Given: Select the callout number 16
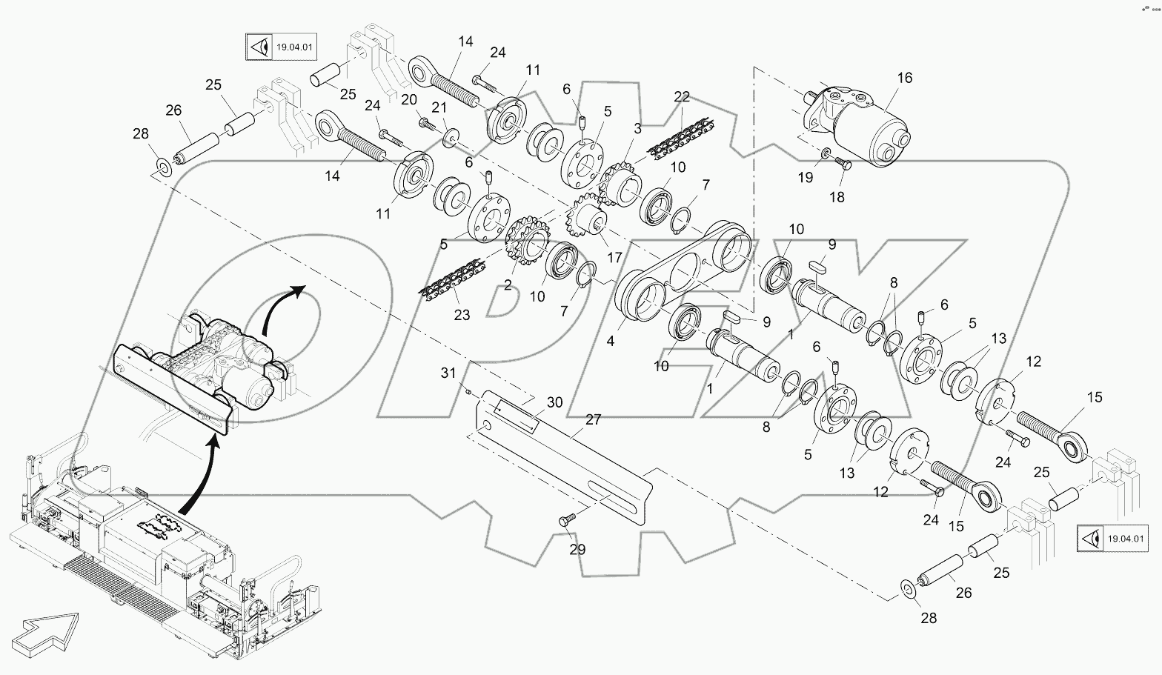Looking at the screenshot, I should click(x=905, y=78).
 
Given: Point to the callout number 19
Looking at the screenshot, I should click(x=805, y=178).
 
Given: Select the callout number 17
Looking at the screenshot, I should click(x=614, y=259).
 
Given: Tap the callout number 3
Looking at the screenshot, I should click(x=637, y=128).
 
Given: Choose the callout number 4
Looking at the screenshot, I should click(x=610, y=342).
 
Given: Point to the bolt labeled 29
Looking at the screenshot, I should click(x=567, y=522).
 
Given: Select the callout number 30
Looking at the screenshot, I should click(x=554, y=402).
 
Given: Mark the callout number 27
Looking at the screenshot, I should click(x=593, y=419).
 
